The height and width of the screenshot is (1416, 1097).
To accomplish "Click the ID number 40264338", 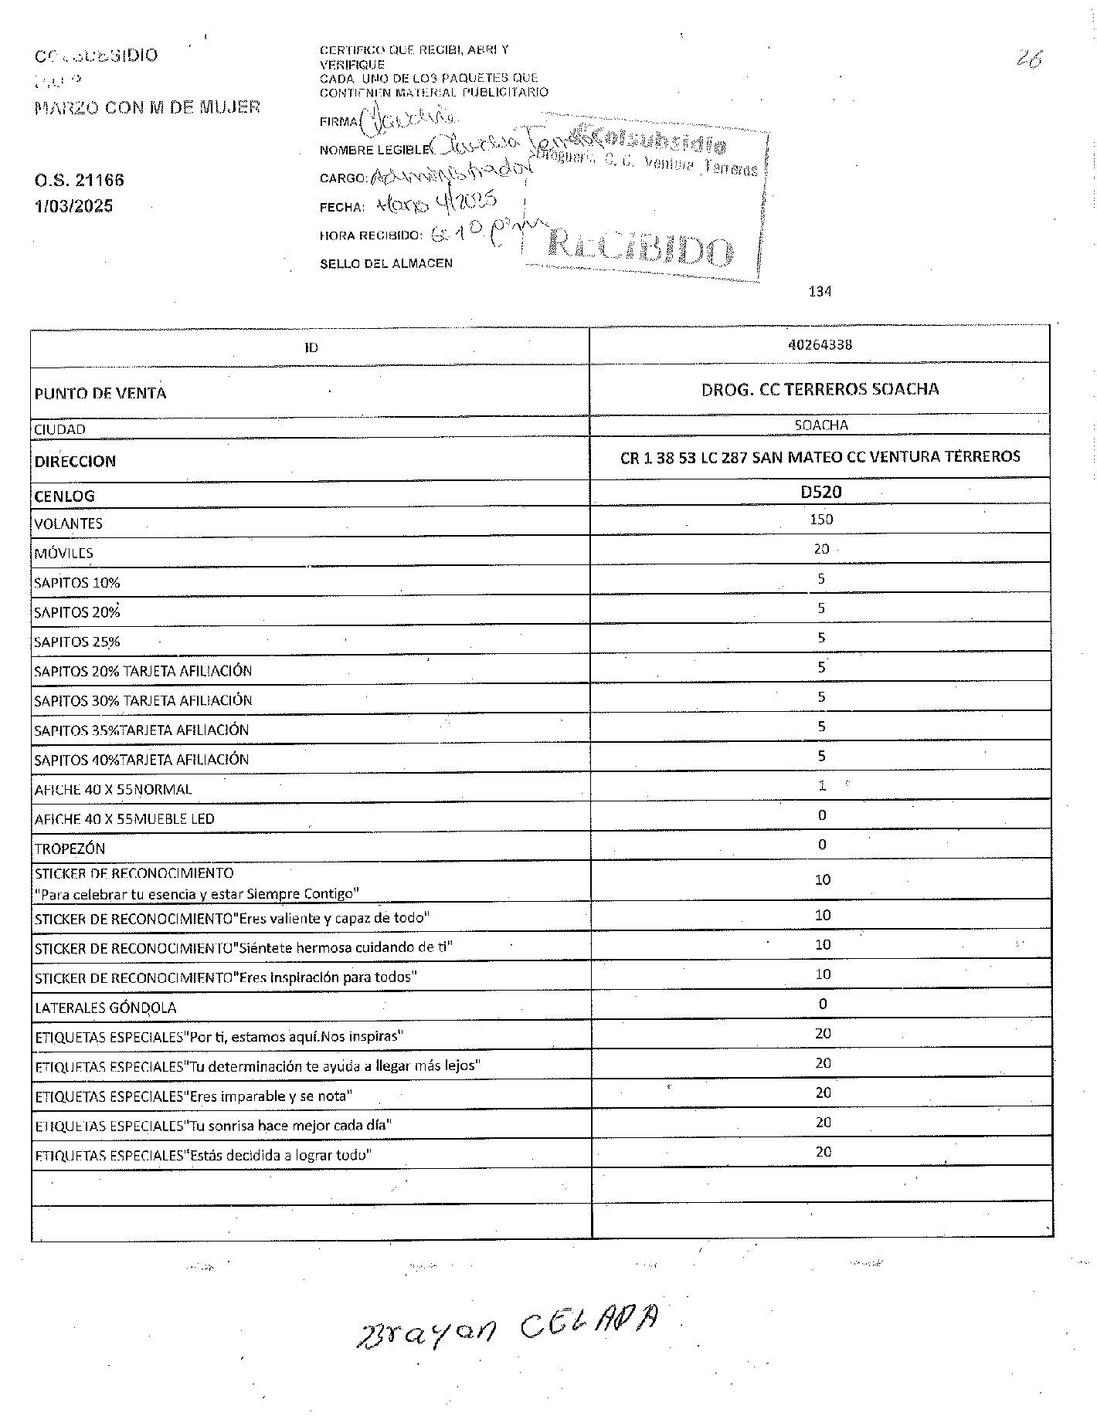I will click(820, 345).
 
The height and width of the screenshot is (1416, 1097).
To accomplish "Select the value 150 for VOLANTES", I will click(821, 520).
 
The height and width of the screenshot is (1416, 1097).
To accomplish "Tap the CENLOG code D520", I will click(820, 492).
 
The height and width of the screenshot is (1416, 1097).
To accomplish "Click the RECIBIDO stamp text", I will click(640, 248).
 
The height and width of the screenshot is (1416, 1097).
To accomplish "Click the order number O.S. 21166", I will click(79, 181).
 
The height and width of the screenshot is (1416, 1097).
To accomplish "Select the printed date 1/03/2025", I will click(73, 206).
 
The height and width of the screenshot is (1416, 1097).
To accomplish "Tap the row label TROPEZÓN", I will click(70, 849).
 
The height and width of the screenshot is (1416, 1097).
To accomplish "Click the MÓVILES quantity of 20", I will click(821, 549).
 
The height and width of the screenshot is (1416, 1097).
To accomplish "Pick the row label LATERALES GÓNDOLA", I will click(105, 1008).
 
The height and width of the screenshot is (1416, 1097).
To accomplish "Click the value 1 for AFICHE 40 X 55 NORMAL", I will click(822, 786).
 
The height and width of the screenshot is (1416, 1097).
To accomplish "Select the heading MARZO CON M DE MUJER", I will click(147, 107).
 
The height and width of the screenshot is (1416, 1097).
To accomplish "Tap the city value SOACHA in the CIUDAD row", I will click(820, 425).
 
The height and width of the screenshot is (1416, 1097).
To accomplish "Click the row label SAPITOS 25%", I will click(76, 642).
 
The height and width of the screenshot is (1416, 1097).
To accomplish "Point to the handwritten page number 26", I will click(1030, 59).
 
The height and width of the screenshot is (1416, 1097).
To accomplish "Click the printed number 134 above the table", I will click(820, 291).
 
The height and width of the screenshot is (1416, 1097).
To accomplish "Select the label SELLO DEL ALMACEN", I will click(385, 263).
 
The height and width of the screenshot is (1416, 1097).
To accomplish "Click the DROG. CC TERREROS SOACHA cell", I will click(820, 389).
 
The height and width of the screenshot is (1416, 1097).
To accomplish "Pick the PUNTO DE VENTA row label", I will click(100, 393).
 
